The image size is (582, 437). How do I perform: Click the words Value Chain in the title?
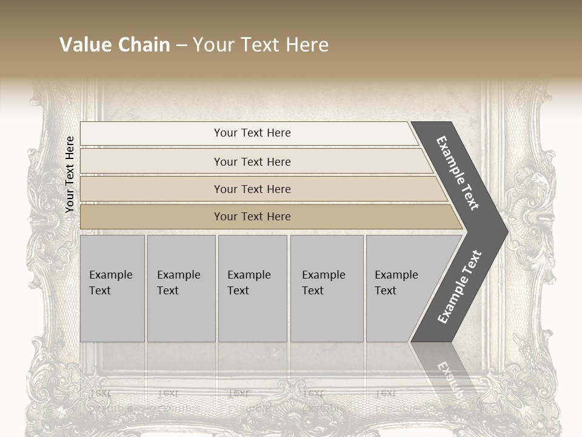tap(115, 45)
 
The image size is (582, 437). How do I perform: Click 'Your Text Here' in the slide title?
tap(261, 45)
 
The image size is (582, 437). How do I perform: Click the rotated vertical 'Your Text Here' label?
tap(70, 174)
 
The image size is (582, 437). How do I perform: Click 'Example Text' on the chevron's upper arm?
tap(457, 173)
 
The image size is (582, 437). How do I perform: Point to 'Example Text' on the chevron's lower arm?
tap(459, 287)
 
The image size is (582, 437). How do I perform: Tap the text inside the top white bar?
tap(252, 133)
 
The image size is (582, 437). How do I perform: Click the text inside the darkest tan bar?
tap(252, 217)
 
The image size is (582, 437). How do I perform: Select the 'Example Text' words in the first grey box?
tap(110, 282)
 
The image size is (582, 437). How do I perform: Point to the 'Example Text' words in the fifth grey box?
tap(396, 282)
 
